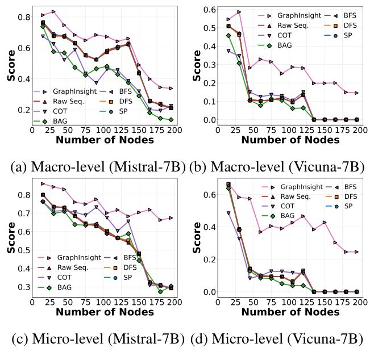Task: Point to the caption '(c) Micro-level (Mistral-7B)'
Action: click(94, 340)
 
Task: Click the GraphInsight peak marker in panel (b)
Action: click(239, 11)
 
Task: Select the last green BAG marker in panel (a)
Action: click(171, 120)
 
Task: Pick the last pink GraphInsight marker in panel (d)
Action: click(356, 252)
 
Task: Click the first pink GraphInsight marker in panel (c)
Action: click(43, 183)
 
